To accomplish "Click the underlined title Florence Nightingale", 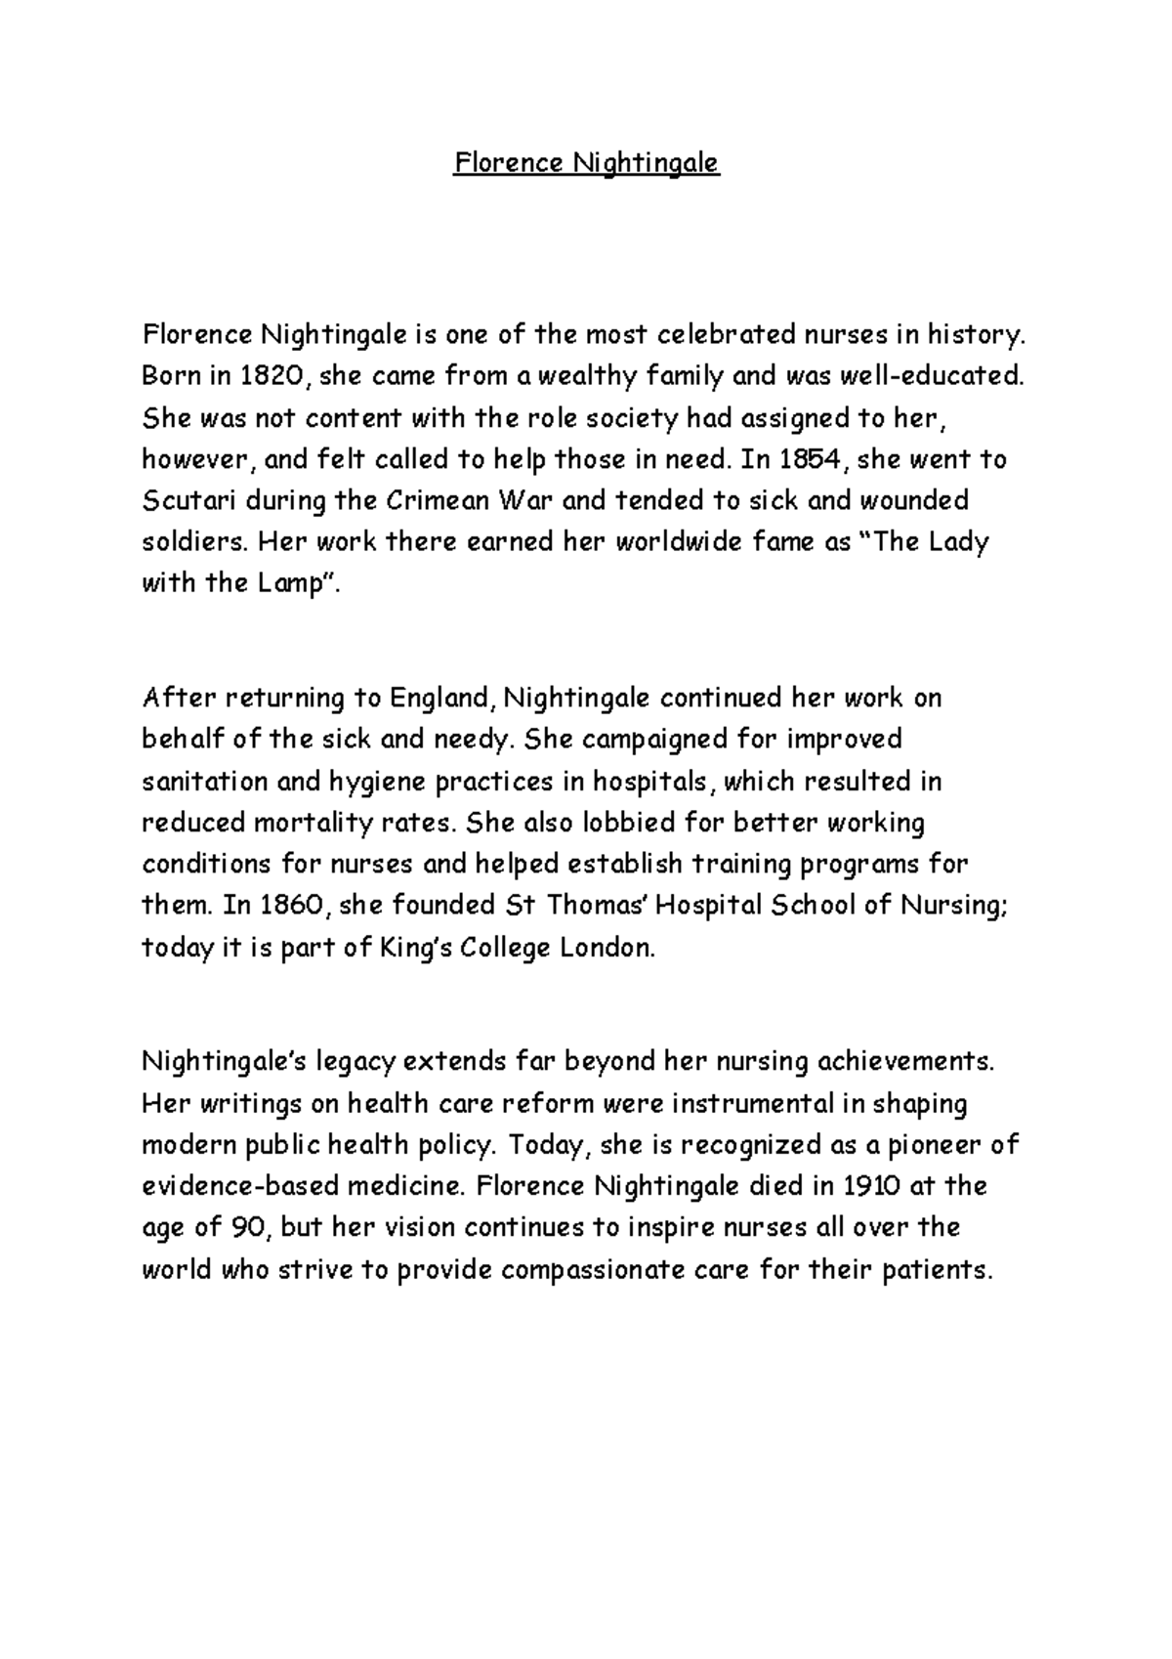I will pyautogui.click(x=586, y=162).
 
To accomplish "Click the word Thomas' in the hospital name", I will pyautogui.click(x=594, y=906).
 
